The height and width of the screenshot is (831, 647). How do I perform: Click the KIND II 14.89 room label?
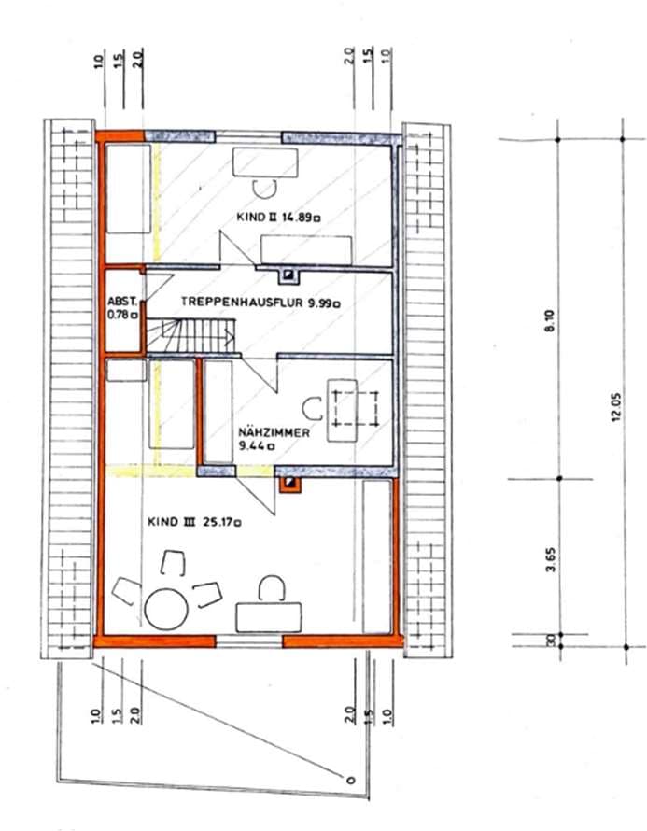tap(278, 217)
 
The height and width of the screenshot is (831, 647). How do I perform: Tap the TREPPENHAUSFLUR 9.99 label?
tap(260, 303)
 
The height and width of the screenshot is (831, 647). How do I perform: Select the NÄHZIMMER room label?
tap(274, 433)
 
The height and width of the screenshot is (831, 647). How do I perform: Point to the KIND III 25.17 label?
tap(194, 522)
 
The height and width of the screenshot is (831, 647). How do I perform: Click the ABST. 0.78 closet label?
tap(123, 308)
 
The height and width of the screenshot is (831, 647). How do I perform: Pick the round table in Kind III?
tap(166, 609)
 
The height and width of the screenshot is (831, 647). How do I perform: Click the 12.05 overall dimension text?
tap(615, 407)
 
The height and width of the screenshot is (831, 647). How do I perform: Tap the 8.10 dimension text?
tap(549, 320)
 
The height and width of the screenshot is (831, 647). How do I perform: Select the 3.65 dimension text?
tap(551, 559)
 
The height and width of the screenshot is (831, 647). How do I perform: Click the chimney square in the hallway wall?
tap(288, 275)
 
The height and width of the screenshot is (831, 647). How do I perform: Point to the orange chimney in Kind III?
tap(289, 484)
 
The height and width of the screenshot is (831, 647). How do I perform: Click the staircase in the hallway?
tap(190, 335)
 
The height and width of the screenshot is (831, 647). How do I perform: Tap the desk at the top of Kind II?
tap(265, 163)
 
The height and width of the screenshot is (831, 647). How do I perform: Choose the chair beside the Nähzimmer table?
tap(312, 409)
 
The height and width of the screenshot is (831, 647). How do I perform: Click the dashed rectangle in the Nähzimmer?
tap(355, 408)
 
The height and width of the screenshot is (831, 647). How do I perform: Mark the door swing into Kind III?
tap(256, 495)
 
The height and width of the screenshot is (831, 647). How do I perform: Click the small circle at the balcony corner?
tap(350, 780)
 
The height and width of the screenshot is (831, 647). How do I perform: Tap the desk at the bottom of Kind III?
tap(269, 617)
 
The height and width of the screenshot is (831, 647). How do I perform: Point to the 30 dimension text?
tap(551, 641)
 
